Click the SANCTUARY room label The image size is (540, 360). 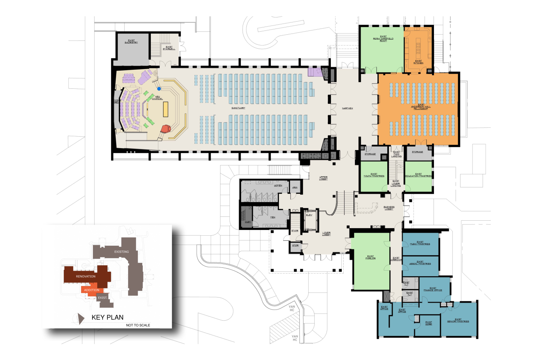pos(238,108)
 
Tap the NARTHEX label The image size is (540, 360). pos(347,108)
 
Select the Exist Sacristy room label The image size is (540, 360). pos(131,41)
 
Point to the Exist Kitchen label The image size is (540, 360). pos(418,62)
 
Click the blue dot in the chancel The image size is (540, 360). pos(159,89)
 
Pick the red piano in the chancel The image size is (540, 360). pos(166,128)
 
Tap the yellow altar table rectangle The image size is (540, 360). pos(165,109)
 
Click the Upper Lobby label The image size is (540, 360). pos(323,178)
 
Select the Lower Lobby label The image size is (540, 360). pos(326,233)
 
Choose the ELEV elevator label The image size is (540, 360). pos(309,215)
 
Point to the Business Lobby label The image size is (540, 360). pos(389,208)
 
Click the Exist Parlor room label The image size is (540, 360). pos(370,257)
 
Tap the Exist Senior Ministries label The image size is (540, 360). pos(458,320)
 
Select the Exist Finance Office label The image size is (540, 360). pos(433,289)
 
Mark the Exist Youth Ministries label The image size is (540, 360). pos(374,175)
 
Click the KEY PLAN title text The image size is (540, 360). pos(107,317)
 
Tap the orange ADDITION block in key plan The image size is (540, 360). pos(91,291)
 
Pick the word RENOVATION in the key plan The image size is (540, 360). pos(86,276)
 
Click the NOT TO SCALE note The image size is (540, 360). pos(138,325)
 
